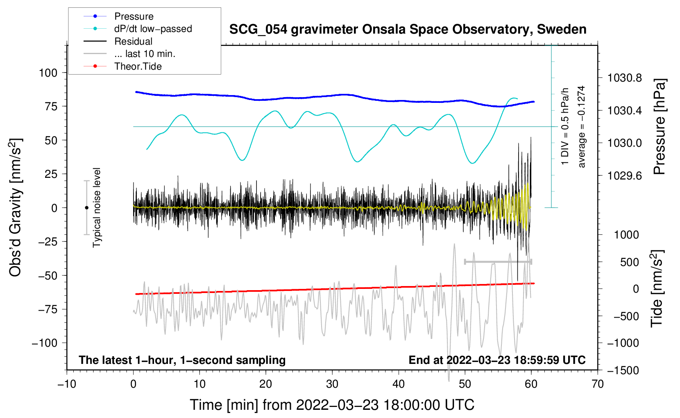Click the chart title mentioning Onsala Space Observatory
(408, 30)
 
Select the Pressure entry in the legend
(134, 16)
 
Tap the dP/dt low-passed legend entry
(153, 29)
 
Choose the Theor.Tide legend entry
(138, 66)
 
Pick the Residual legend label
(133, 41)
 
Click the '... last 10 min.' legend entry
(145, 54)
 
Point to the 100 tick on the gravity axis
(48, 73)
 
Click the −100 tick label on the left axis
(45, 343)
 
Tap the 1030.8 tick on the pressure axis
(624, 78)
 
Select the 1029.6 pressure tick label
(624, 176)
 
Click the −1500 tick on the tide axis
(622, 370)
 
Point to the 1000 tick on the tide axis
(626, 235)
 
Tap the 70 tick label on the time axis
(598, 384)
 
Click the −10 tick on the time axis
(67, 384)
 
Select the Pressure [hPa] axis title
(659, 127)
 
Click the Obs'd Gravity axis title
(15, 208)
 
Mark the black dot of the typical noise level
(86, 208)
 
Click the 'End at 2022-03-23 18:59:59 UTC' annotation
(497, 360)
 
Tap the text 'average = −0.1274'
(581, 127)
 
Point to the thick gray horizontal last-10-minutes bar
(498, 261)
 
